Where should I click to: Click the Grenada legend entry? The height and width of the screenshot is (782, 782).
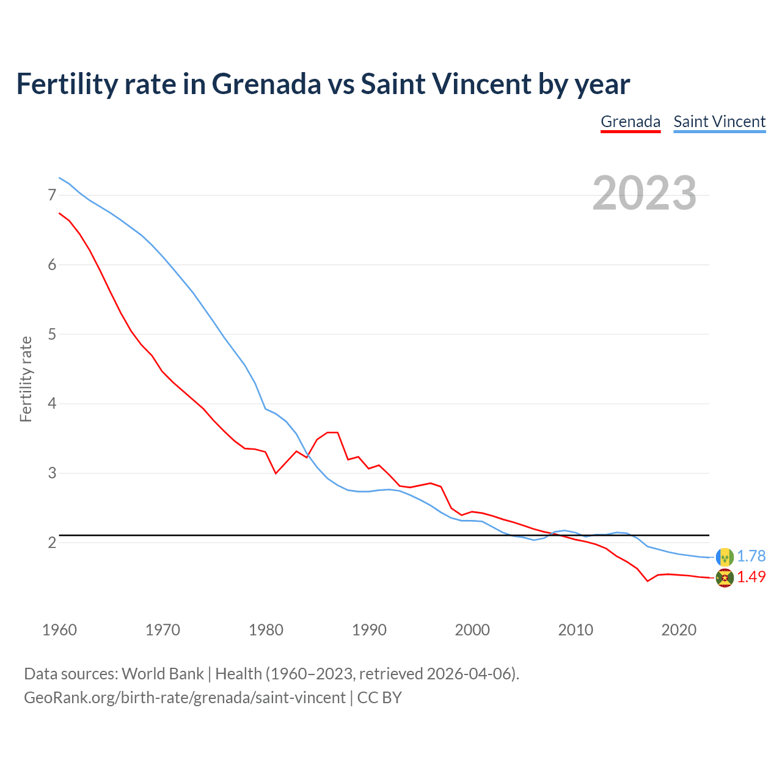click(630, 122)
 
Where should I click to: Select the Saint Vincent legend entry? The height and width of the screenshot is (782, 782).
click(719, 122)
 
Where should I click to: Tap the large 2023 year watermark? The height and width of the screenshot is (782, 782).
click(645, 193)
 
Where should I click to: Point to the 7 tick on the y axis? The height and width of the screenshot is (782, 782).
click(52, 195)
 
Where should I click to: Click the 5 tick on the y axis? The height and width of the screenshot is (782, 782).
click(52, 334)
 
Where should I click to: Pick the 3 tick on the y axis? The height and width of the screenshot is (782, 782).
click(52, 473)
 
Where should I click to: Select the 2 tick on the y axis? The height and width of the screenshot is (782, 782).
click(52, 543)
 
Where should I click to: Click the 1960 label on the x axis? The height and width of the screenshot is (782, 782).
click(59, 630)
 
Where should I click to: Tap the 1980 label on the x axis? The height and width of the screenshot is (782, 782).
click(266, 630)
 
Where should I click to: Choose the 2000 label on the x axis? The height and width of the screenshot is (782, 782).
click(472, 630)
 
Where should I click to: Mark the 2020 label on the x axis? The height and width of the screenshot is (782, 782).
click(679, 630)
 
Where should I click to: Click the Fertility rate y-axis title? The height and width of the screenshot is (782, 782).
click(26, 379)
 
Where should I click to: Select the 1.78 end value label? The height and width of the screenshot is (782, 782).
click(751, 557)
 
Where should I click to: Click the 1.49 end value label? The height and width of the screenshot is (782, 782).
click(751, 577)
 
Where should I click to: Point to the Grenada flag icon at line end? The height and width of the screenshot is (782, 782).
click(725, 578)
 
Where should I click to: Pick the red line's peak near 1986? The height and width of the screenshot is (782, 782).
click(332, 433)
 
